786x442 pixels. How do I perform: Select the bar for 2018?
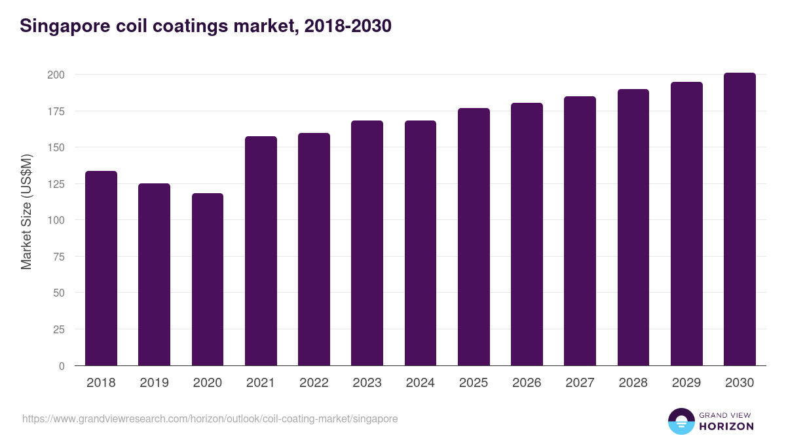coord(101,268)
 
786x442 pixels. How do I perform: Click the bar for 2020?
coord(208,280)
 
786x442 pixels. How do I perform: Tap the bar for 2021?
coord(261,251)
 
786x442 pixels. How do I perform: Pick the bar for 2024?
coord(421,243)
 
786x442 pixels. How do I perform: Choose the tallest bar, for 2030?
coord(739,219)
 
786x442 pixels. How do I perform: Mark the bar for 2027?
coord(580,231)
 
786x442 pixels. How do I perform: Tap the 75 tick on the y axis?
coord(58,257)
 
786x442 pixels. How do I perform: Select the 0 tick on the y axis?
coord(62,366)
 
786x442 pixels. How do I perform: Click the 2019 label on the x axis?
coord(154,383)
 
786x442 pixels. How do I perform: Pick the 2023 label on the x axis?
coord(367,383)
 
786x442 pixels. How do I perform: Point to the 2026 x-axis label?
coord(527,383)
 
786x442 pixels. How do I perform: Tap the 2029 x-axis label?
coord(686,383)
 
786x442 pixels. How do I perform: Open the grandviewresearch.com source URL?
coord(210,418)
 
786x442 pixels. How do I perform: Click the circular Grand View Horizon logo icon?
coord(681,421)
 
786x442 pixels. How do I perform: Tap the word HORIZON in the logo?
coord(726,426)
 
